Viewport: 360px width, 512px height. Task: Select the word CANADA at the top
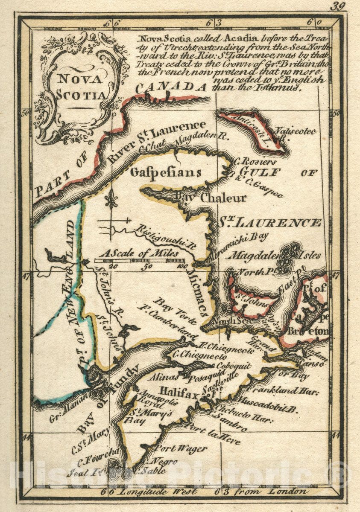171,87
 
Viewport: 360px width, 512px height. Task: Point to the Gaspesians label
166,172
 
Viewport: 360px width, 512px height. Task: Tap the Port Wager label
180,449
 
